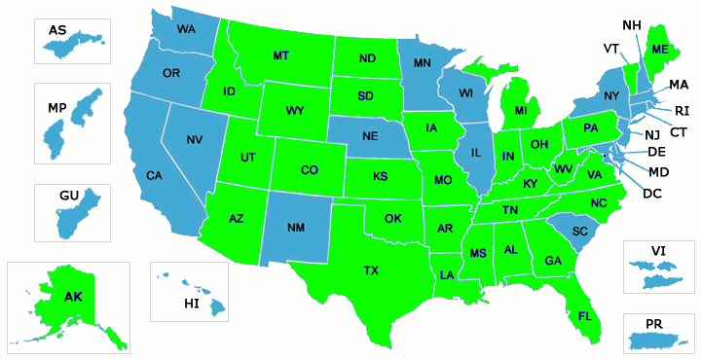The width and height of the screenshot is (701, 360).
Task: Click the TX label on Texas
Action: point(371,270)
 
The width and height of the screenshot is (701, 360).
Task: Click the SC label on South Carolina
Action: point(581,232)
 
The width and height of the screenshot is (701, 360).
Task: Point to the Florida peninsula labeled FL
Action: point(584,316)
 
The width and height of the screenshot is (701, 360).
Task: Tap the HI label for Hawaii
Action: point(192,305)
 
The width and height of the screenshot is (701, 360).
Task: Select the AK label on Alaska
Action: point(73,296)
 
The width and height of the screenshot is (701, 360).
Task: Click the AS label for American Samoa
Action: point(57,31)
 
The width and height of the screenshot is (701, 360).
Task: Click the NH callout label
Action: point(631,24)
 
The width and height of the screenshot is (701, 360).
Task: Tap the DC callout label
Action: point(653,194)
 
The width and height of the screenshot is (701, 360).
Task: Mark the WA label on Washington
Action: point(186,29)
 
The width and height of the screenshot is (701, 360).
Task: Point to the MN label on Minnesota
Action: point(423,64)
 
